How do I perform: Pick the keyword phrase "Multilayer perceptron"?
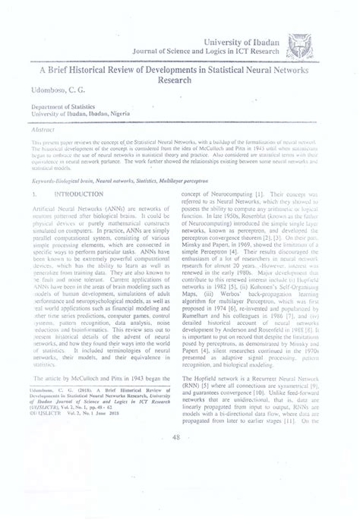pyautogui.click(x=182, y=181)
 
